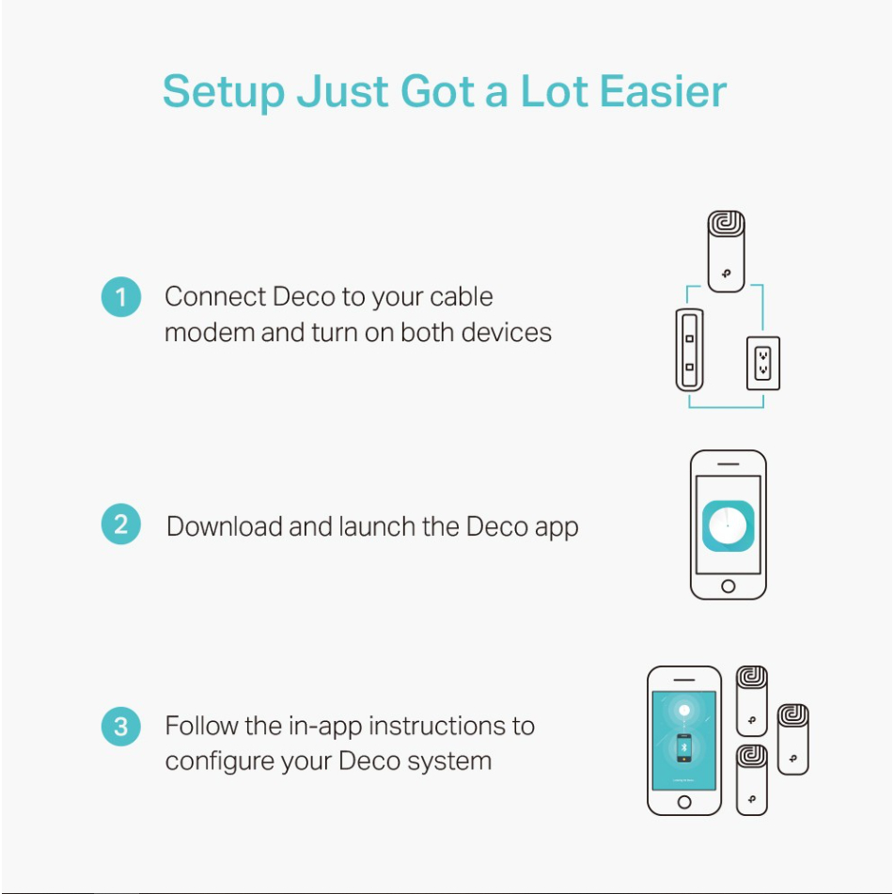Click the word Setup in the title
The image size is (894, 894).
(224, 91)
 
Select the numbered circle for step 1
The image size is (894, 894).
(121, 296)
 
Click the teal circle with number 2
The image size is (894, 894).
(121, 524)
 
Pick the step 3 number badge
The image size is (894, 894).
(121, 727)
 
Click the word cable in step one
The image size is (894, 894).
(462, 296)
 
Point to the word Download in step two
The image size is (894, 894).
(225, 526)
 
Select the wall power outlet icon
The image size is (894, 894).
(763, 363)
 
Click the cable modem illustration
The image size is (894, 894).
(689, 350)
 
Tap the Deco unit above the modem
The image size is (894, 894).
(726, 251)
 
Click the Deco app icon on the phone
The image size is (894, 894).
(729, 525)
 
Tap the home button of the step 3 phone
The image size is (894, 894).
(684, 802)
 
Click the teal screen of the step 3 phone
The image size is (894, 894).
(684, 740)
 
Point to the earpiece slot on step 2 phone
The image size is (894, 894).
(729, 464)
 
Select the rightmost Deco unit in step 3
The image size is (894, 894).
(793, 739)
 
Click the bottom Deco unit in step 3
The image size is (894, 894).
(751, 779)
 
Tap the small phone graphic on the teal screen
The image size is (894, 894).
(684, 748)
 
